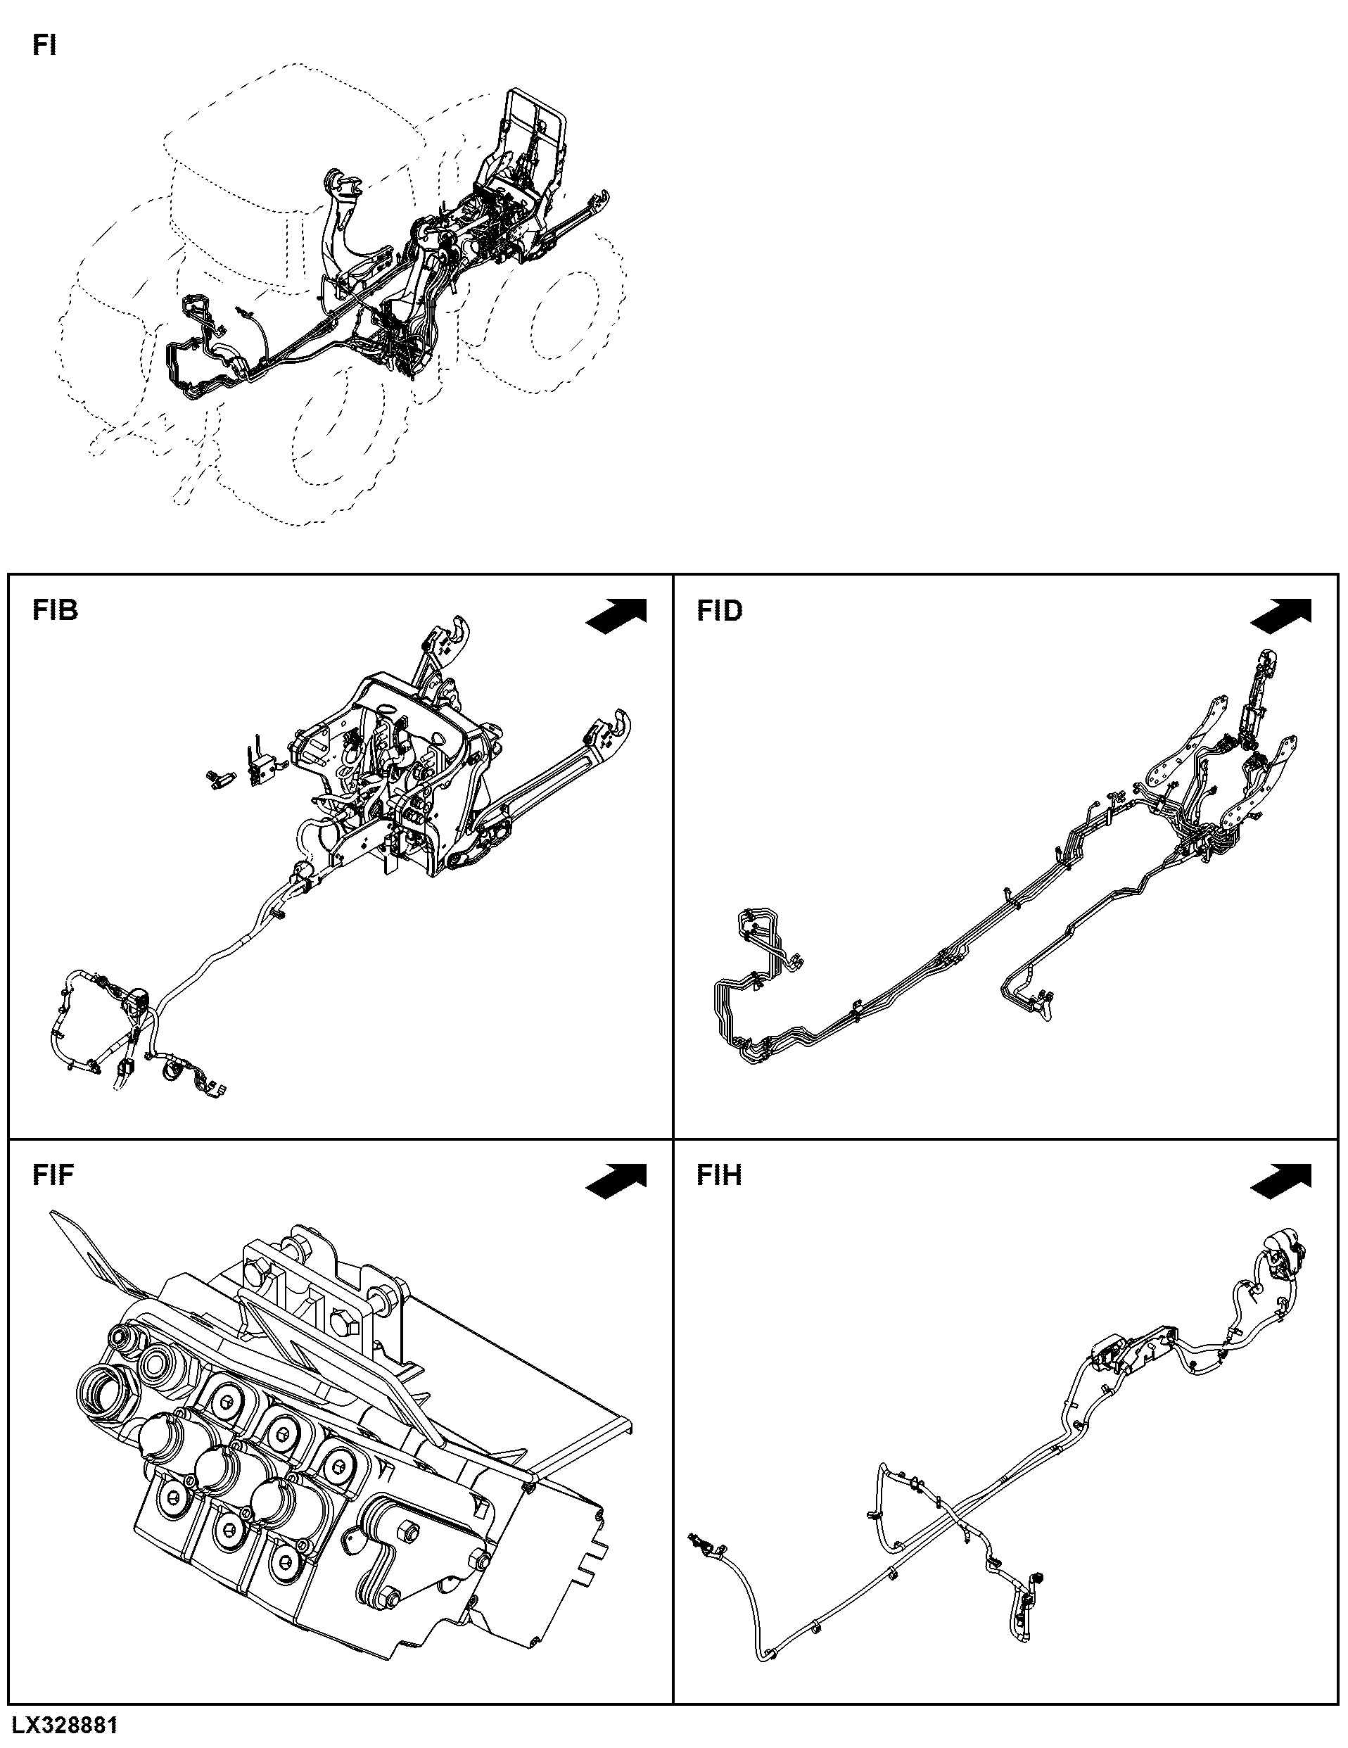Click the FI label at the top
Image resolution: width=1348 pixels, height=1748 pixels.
tap(44, 46)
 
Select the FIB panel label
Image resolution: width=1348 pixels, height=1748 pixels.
tap(55, 611)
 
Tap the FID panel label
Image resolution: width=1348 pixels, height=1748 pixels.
tap(719, 611)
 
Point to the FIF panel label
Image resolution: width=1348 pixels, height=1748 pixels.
tap(53, 1175)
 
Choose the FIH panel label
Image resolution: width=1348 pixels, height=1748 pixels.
tap(718, 1175)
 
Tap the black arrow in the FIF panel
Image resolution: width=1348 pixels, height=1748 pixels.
tap(616, 1179)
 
